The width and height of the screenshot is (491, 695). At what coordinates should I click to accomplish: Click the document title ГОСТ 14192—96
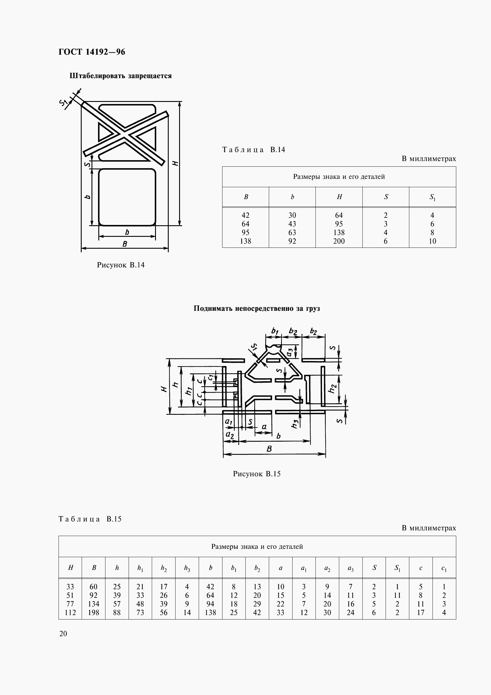coord(92,52)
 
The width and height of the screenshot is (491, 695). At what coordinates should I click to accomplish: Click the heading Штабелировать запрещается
coord(120,76)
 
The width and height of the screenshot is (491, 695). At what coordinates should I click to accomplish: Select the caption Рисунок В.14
coord(120,265)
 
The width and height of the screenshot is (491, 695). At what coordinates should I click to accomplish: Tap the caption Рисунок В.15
coord(257,474)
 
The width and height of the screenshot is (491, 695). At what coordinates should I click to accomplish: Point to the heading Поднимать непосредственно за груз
coord(257,309)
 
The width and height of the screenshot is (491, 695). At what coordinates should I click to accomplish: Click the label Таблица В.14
coord(253,150)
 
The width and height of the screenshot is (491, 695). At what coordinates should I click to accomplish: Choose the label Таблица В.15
coord(90,519)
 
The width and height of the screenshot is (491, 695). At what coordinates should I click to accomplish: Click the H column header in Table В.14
coord(339,197)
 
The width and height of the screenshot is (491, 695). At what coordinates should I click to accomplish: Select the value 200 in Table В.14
coord(339,241)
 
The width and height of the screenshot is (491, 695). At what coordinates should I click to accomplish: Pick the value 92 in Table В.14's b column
coord(292,241)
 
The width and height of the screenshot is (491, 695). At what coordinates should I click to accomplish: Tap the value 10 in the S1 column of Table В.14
coord(432,241)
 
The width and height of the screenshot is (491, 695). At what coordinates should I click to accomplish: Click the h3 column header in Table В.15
coord(187,568)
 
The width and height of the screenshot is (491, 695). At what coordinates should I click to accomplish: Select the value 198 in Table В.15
coord(94,613)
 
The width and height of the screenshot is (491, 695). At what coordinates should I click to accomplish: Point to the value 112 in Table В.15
coord(70,613)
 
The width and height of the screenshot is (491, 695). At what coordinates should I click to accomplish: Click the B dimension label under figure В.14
coord(124,244)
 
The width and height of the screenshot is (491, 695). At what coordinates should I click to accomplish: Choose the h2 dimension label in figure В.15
coord(332,389)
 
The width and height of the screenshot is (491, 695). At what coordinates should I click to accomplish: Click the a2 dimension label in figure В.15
coord(230,435)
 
